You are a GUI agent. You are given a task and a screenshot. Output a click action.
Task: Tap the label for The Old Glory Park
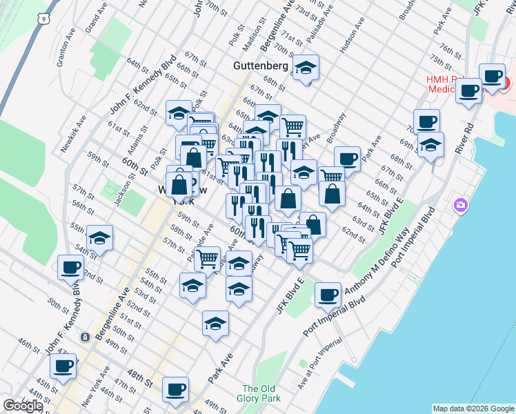coord(260,393)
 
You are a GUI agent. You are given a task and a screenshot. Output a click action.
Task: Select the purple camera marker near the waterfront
coord(460,205)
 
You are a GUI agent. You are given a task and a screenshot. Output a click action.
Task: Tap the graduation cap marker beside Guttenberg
coord(306,68)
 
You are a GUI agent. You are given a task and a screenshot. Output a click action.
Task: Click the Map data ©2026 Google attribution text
coord(473,408)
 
